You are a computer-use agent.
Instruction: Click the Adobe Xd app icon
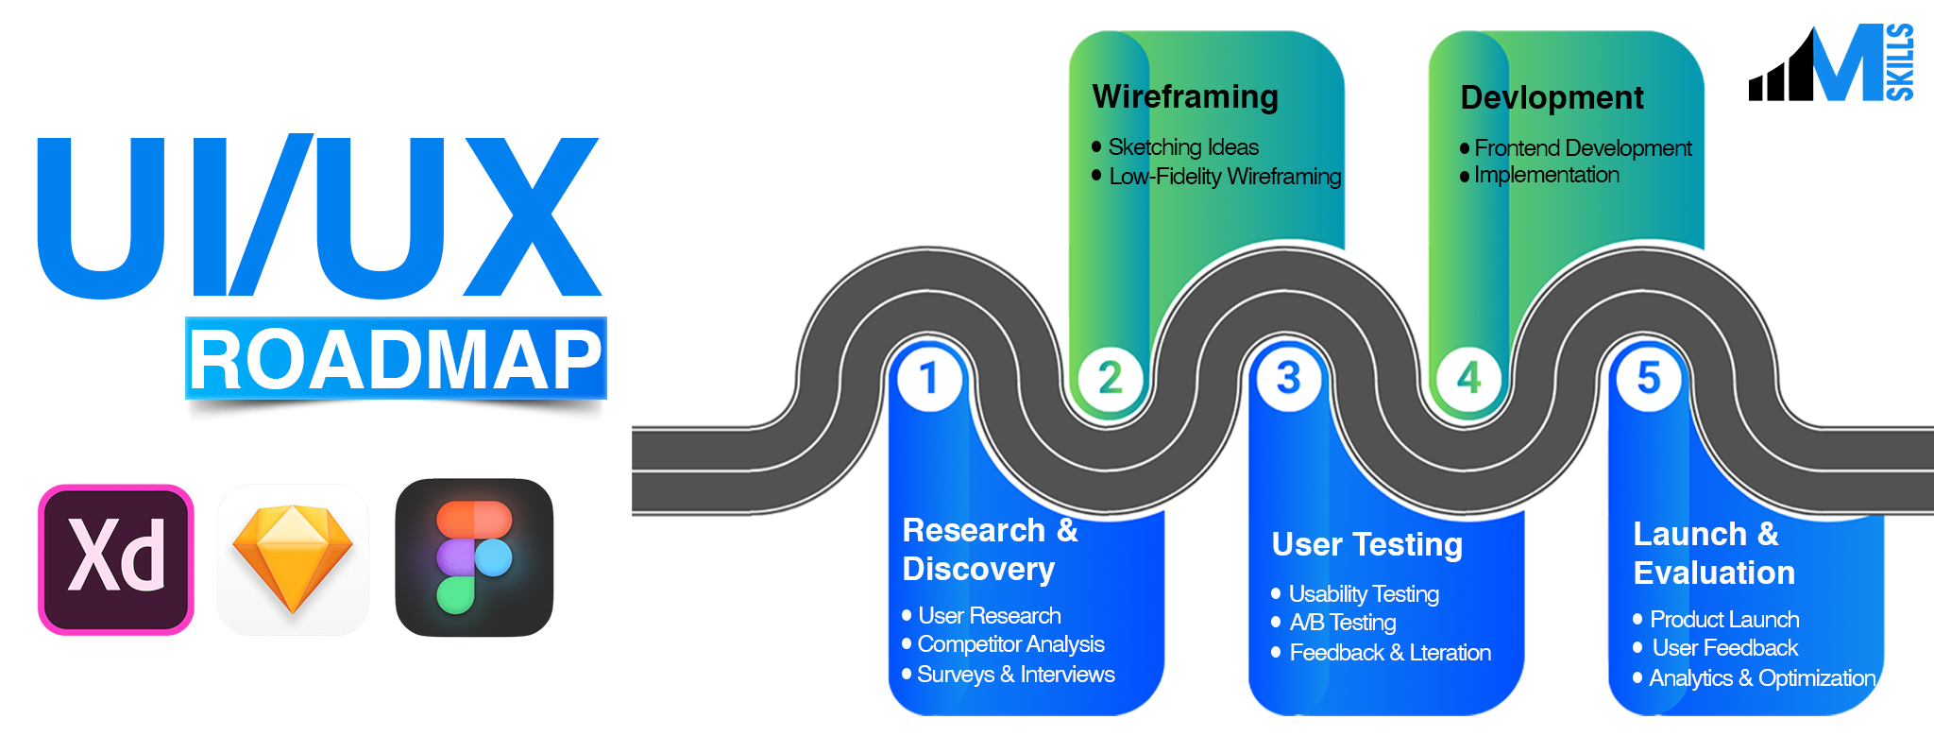coord(116,559)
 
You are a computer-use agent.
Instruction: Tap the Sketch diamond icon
coord(293,559)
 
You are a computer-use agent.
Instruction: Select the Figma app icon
coord(474,557)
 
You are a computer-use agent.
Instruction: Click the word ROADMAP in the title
coord(396,360)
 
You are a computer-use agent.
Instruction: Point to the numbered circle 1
coord(929,378)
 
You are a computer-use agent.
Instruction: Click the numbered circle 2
coord(1110,378)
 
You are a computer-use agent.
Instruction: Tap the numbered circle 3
coord(1289,378)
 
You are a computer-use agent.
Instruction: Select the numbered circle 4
coord(1468,379)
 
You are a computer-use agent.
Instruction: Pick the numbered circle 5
coord(1649,378)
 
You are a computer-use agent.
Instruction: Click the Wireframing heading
coord(1185,96)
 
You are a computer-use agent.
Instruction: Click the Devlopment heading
coord(1552,97)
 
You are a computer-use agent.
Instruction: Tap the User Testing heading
coord(1366,544)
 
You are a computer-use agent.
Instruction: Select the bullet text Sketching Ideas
coord(1182,147)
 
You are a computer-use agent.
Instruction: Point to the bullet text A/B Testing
coord(1342,623)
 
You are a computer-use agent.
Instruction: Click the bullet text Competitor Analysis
coord(1010,644)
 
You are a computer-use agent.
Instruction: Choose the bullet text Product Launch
coord(1724,620)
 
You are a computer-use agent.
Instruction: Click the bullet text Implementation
coord(1546,175)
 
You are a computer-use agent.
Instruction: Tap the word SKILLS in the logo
coord(1899,62)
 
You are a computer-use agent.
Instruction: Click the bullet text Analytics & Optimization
coord(1762,678)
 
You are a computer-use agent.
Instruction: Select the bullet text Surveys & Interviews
coord(1015,675)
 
